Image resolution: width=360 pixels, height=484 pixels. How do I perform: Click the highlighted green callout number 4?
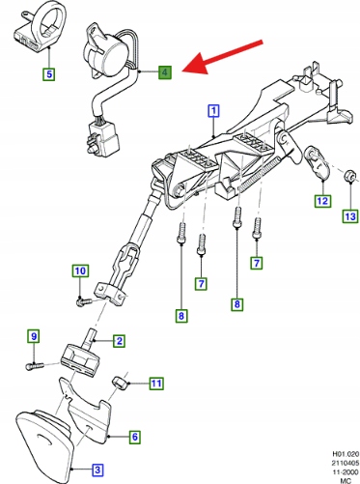165,72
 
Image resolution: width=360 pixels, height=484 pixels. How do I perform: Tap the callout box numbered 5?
49,74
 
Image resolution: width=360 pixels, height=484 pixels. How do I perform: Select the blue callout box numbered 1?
214,111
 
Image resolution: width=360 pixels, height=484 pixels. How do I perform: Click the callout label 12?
322,201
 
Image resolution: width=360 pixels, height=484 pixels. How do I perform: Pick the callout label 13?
350,216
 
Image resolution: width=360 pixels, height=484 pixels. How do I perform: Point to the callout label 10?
80,270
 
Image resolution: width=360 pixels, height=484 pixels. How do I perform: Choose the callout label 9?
34,336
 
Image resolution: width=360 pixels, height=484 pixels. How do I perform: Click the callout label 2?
119,341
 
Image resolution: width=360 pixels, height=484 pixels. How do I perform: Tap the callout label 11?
156,384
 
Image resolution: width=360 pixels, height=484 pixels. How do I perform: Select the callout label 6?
135,437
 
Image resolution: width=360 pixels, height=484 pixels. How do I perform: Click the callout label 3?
97,470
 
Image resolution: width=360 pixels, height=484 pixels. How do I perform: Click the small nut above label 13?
348,176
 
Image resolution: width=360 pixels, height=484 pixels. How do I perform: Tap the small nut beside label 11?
118,383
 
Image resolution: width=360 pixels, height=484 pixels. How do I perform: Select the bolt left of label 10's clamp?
83,301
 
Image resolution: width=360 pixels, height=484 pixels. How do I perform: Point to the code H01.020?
346,454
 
